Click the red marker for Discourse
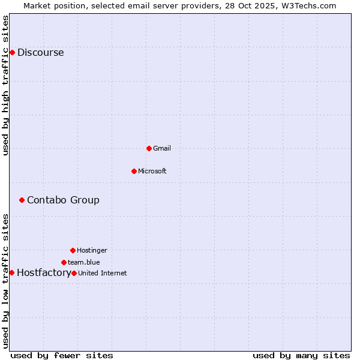pyautogui.click(x=12, y=52)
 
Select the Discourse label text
pyautogui.click(x=40, y=52)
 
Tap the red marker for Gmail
pyautogui.click(x=149, y=148)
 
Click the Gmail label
pyautogui.click(x=162, y=148)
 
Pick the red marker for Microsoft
pyautogui.click(x=134, y=171)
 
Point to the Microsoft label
pyautogui.click(x=152, y=171)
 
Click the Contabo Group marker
pyautogui.click(x=22, y=200)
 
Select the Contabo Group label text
pyautogui.click(x=63, y=200)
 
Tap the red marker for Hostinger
pyautogui.click(x=73, y=250)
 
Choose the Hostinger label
pyautogui.click(x=92, y=250)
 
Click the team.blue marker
pyautogui.click(x=64, y=262)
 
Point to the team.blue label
pyautogui.click(x=83, y=262)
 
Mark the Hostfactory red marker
pyautogui.click(x=11, y=272)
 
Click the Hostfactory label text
pyautogui.click(x=43, y=272)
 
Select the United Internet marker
pyautogui.click(x=74, y=273)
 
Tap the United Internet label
pyautogui.click(x=103, y=273)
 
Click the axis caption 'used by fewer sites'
pyautogui.click(x=62, y=355)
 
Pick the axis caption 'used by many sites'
pyautogui.click(x=301, y=355)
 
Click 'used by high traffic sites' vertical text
pyautogui.click(x=5, y=85)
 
